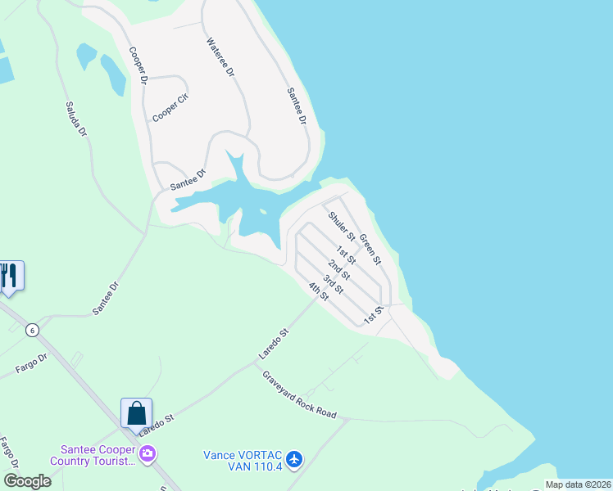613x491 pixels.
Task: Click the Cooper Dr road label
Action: [x=137, y=65]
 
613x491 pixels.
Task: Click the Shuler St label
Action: [x=341, y=226]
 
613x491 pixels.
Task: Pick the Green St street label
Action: [x=370, y=250]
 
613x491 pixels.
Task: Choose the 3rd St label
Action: [x=332, y=284]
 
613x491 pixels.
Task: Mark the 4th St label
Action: [x=318, y=291]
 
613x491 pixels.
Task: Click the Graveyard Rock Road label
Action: [x=299, y=394]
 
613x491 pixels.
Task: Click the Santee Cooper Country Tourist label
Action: [x=96, y=455]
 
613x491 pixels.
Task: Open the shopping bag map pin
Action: [x=136, y=412]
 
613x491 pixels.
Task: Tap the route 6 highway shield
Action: [x=32, y=329]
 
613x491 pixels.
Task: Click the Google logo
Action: [x=27, y=480]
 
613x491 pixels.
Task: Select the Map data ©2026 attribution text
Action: [x=577, y=484]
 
